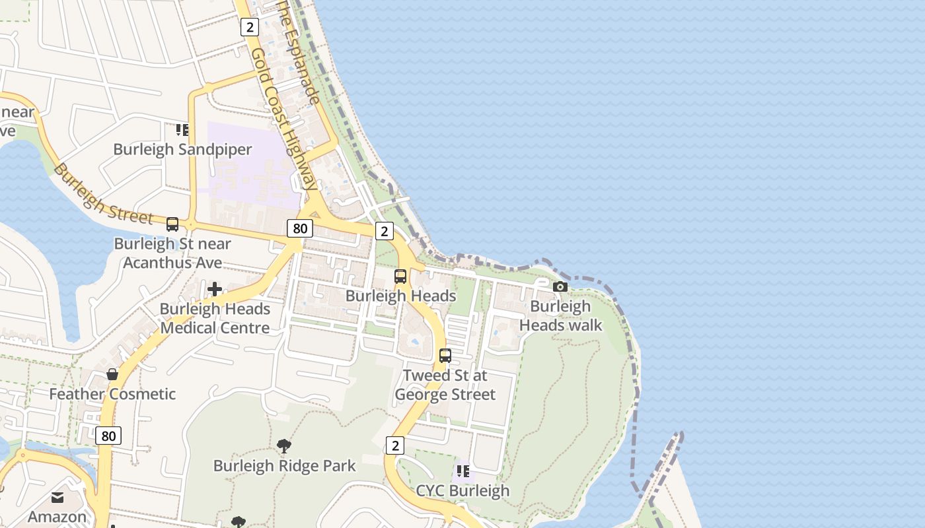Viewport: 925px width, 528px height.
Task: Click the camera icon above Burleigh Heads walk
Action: pyautogui.click(x=560, y=286)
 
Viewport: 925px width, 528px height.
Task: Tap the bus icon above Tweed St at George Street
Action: pyautogui.click(x=445, y=356)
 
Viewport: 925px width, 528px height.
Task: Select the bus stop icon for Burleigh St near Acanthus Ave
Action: pyautogui.click(x=172, y=224)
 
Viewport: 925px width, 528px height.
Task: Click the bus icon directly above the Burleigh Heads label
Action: pyautogui.click(x=400, y=277)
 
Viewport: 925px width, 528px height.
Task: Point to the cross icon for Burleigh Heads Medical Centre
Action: pyautogui.click(x=215, y=289)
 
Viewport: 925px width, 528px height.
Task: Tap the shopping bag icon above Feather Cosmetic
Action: pyautogui.click(x=112, y=374)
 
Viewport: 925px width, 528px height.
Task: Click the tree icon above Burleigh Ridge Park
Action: pyautogui.click(x=284, y=446)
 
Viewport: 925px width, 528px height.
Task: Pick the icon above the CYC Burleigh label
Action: pyautogui.click(x=462, y=471)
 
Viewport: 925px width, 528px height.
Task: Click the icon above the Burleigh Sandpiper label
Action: pyautogui.click(x=182, y=130)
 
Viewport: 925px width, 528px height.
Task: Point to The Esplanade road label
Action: pyautogui.click(x=299, y=53)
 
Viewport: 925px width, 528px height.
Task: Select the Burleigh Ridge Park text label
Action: pyautogui.click(x=284, y=466)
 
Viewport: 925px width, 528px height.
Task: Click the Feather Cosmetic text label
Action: pyautogui.click(x=112, y=394)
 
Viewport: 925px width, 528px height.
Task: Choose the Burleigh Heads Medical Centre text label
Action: pyautogui.click(x=215, y=318)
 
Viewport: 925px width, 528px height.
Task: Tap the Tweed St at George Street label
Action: pyautogui.click(x=445, y=385)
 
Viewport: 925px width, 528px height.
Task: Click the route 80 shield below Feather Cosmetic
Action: pyautogui.click(x=108, y=436)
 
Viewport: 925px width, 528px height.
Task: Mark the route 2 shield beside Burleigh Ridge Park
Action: pyautogui.click(x=394, y=445)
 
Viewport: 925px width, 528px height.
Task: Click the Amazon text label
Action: pyautogui.click(x=57, y=517)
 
